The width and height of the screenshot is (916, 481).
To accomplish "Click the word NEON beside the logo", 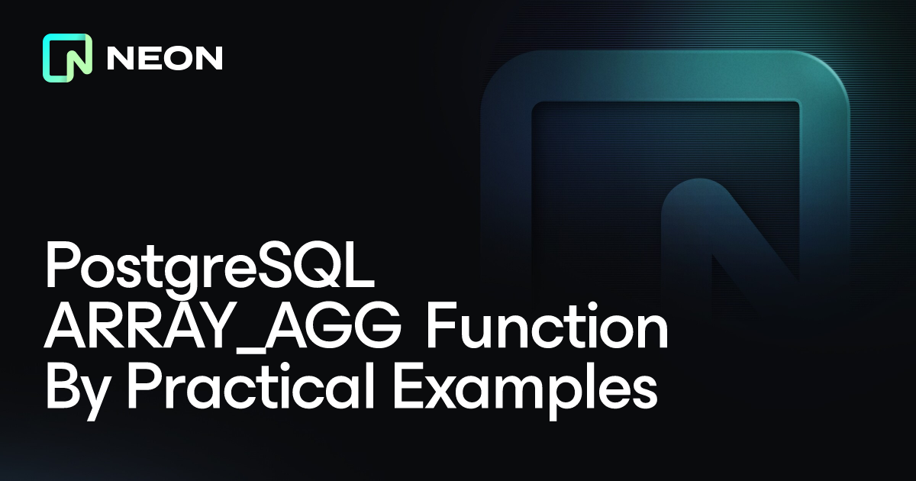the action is point(165,58).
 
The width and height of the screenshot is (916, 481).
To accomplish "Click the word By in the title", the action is point(78,392).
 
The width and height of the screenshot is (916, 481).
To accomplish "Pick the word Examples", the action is point(525,392).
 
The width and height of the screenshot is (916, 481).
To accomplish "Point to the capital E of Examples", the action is point(410,386).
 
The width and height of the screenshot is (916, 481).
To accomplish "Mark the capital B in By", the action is point(64,386).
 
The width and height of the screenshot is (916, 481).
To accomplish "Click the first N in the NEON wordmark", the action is point(119,58).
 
